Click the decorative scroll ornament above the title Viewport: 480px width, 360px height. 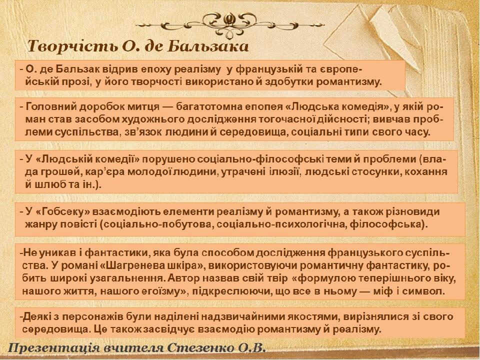click(x=230, y=24)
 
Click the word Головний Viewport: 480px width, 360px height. click(x=50, y=107)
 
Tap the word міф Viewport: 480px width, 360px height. click(x=382, y=291)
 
